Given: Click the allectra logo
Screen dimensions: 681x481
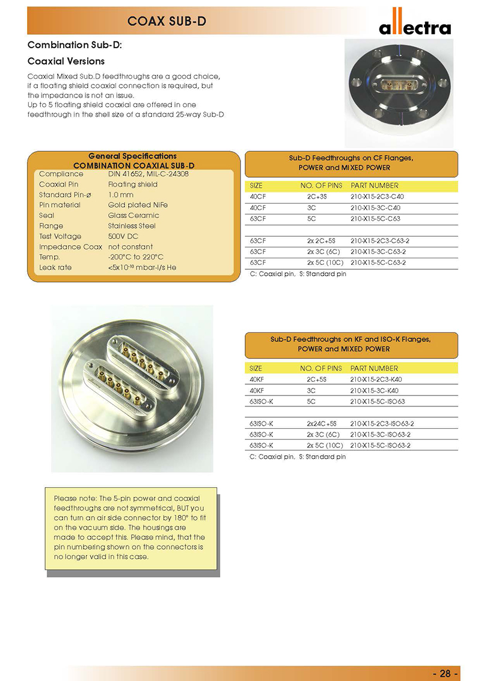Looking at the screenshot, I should coord(414,26).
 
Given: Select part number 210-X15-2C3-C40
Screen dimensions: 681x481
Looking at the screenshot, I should coord(378,196).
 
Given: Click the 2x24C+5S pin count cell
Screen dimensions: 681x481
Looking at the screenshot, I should coord(323,423).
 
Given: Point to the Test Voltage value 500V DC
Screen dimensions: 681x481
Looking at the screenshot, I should coord(123,237).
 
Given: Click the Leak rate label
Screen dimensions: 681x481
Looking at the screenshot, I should coord(55,267).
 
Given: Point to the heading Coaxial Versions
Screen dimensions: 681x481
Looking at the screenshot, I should coord(67,61).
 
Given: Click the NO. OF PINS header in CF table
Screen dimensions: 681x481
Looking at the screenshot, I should coord(321,185).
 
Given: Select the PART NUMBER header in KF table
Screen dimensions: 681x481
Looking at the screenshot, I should coord(374,368).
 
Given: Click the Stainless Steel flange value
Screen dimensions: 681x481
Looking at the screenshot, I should coord(132,226).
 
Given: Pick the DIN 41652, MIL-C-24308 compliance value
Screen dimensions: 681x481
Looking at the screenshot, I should coord(148,174).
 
